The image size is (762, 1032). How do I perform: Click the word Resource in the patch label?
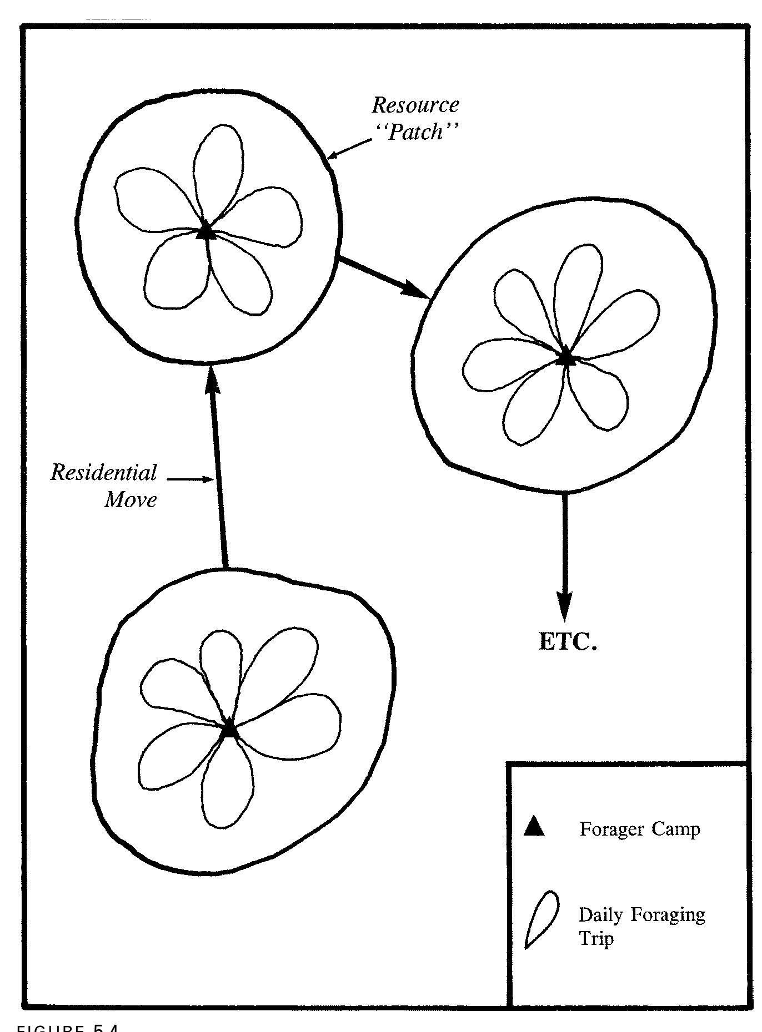tap(415, 105)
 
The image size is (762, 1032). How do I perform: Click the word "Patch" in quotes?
tap(416, 132)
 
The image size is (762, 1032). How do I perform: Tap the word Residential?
tap(104, 473)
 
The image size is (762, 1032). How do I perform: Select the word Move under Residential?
tap(131, 499)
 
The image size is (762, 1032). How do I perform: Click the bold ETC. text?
tap(568, 642)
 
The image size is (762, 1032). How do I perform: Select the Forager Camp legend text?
tap(640, 829)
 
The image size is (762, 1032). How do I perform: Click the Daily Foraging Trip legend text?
tap(641, 925)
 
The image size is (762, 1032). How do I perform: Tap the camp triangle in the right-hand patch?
tap(565, 356)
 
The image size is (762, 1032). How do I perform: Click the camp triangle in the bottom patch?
tap(229, 729)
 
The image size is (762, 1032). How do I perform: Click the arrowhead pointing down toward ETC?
tap(564, 608)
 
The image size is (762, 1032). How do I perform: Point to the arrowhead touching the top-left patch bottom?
tap(210, 380)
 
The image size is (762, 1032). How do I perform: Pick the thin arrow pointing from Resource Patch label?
tap(350, 149)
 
